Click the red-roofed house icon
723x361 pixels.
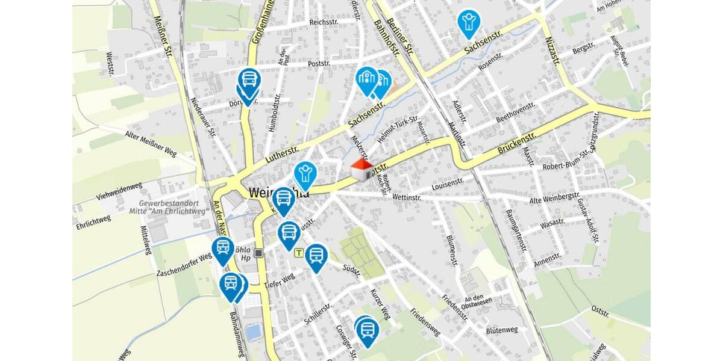(x=362, y=170)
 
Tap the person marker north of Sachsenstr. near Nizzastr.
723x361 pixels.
(x=468, y=23)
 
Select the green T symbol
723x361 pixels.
(x=298, y=253)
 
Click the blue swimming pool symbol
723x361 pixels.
(x=254, y=331)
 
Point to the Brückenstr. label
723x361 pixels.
(x=517, y=140)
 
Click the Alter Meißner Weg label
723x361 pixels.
(x=151, y=144)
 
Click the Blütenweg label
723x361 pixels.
(x=501, y=330)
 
